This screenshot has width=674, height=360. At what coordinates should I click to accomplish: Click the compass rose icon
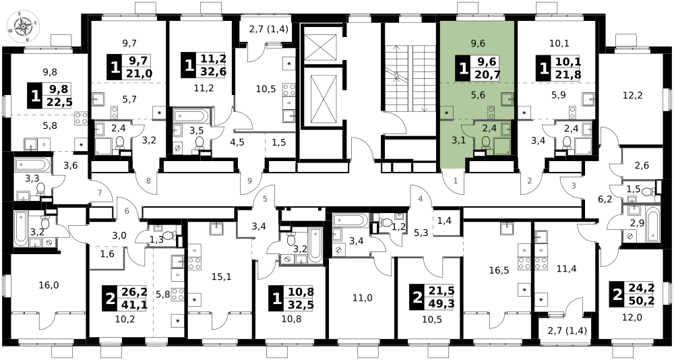tap(23, 26)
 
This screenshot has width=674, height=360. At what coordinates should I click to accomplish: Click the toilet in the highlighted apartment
tap(486, 142)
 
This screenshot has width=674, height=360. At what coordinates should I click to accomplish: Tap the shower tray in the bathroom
tap(502, 146)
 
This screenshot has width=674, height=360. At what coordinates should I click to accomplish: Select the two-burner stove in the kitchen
tap(491, 113)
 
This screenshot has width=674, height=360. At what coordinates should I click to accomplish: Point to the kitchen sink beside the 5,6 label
tap(507, 99)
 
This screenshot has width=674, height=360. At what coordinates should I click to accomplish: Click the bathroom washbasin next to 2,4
tap(506, 129)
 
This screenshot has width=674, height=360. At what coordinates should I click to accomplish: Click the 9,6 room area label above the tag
tap(478, 43)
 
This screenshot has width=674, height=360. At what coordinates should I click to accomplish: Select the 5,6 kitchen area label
tap(479, 95)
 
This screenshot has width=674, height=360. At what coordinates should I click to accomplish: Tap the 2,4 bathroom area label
tap(489, 128)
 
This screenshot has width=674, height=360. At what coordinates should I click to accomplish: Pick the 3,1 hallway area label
tap(458, 140)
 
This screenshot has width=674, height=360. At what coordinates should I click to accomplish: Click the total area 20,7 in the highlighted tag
tap(486, 75)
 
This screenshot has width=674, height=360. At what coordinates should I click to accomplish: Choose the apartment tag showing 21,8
tap(558, 68)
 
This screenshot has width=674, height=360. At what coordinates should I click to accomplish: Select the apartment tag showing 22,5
tap(49, 96)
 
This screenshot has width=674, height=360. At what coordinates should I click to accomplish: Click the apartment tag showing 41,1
tap(124, 298)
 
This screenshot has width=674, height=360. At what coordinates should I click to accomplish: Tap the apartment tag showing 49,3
tap(431, 297)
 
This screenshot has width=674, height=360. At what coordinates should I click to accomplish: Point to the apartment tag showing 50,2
tap(632, 294)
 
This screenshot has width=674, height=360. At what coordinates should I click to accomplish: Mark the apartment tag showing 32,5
tap(290, 298)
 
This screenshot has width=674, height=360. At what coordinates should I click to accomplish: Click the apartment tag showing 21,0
tap(129, 67)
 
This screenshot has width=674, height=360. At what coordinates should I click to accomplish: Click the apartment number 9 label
tap(249, 181)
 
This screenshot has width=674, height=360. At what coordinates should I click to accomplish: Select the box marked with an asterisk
tap(446, 113)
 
